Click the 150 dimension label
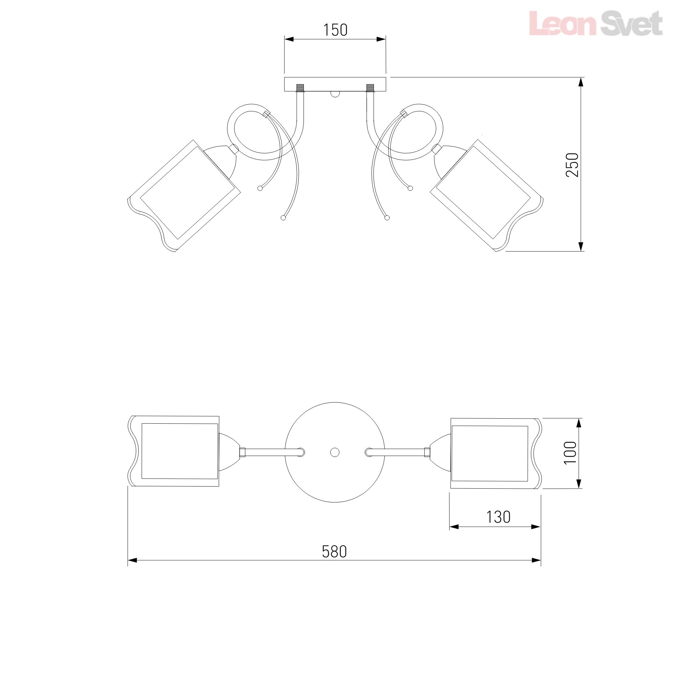tap(335, 30)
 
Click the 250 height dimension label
tap(572, 165)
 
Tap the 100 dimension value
tap(570, 453)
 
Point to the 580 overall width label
tap(334, 552)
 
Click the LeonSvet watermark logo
tap(595, 23)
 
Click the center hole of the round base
tap(335, 452)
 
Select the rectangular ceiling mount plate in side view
tap(335, 85)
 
